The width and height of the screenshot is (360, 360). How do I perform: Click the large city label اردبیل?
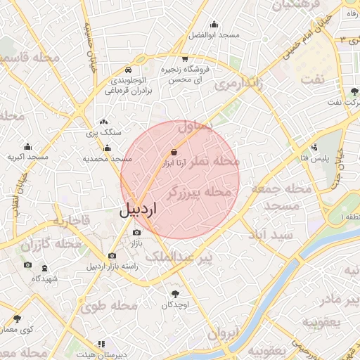coord(138,210)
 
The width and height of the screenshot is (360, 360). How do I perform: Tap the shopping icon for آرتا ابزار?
coord(174,152)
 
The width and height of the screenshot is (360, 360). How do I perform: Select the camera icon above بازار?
coord(136,232)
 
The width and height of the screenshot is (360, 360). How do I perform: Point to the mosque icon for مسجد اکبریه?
coord(28,147)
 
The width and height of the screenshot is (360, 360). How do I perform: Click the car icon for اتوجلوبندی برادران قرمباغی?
coord(128,70)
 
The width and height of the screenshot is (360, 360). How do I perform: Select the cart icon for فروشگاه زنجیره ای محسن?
coord(184,59)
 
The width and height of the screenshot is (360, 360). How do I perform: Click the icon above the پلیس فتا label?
coord(314,148)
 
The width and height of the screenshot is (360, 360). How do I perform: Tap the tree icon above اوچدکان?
coord(174,293)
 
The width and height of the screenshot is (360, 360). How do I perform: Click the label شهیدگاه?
coord(44,278)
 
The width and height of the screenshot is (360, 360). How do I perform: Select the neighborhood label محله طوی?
coord(108,306)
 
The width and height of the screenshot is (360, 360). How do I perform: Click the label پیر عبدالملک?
coord(179,258)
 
